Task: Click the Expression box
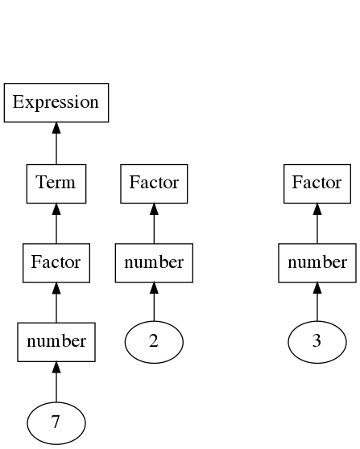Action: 56,102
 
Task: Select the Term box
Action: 56,183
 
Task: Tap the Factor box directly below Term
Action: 56,263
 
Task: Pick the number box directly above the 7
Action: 56,342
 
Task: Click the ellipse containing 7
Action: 56,423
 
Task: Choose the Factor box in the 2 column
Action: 154,183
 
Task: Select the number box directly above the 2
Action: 154,263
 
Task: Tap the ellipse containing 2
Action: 154,342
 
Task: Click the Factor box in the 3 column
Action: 317,183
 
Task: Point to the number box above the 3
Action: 317,263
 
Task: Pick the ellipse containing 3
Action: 317,342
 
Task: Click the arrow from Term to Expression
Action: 56,143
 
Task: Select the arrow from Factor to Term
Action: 56,224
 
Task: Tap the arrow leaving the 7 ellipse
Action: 56,381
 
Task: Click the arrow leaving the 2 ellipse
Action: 154,302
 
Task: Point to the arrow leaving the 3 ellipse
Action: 317,302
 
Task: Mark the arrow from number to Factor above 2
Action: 154,224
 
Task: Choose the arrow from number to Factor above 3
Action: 317,224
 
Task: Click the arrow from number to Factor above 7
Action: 56,303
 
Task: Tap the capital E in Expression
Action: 18,101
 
